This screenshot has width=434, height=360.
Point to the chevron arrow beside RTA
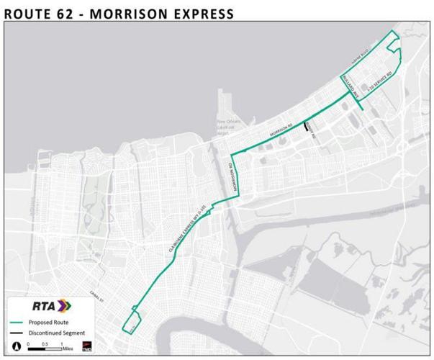65,305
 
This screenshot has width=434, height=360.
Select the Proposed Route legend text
49,322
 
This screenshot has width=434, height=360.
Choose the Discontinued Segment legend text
58,333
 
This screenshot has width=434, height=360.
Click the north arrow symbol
16,346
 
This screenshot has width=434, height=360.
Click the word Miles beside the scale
68,347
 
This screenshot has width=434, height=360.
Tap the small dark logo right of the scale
86,347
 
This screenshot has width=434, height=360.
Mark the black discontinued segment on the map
308,127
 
